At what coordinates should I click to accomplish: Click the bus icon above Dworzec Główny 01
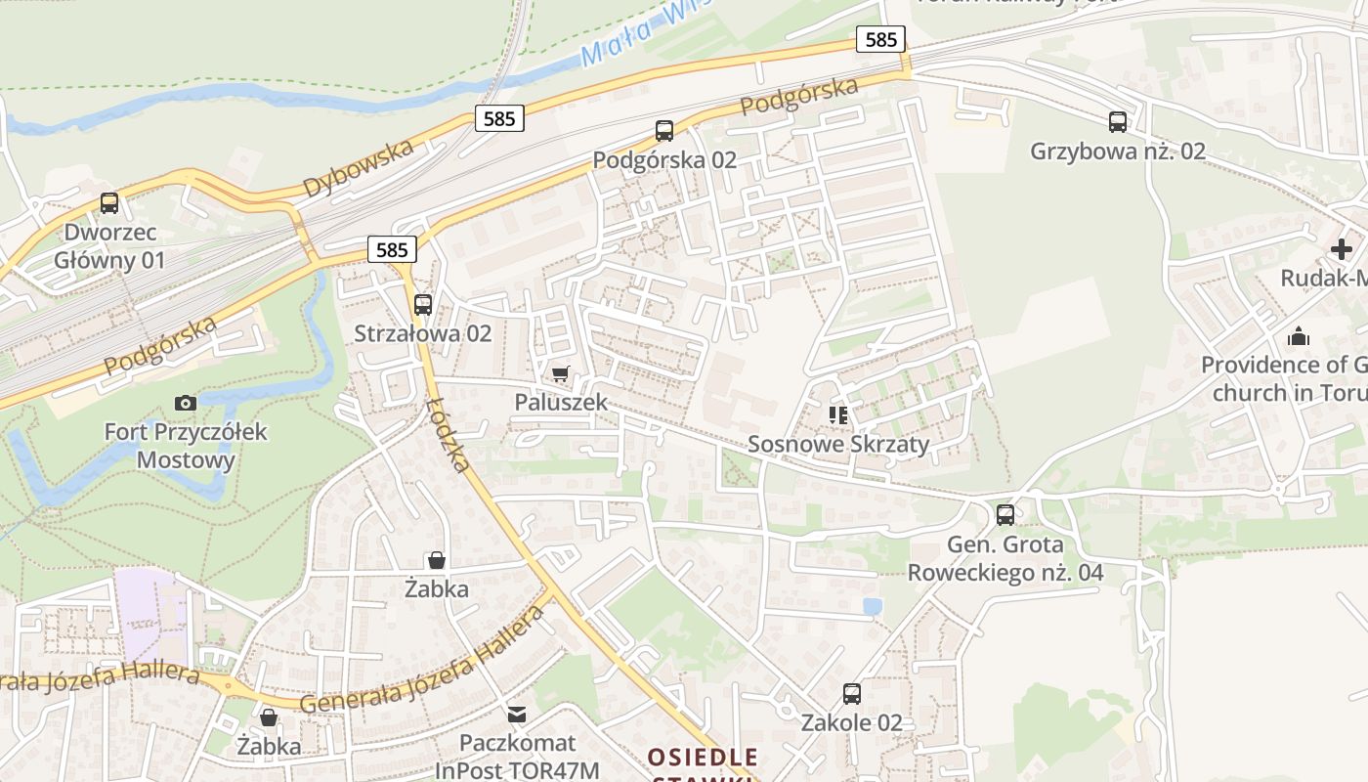(x=108, y=203)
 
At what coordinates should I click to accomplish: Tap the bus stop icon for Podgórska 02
(x=664, y=130)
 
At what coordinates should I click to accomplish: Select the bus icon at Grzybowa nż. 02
(x=1118, y=122)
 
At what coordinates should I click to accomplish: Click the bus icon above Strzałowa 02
(x=423, y=304)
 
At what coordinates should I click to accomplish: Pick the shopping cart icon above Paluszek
(x=560, y=373)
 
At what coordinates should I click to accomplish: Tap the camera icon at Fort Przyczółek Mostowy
(x=186, y=403)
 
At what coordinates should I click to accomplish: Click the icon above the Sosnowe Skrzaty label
(x=838, y=415)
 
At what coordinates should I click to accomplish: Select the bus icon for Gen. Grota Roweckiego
(x=1005, y=515)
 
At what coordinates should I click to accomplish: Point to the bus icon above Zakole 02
(x=852, y=694)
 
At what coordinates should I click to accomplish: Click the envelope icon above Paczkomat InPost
(x=516, y=715)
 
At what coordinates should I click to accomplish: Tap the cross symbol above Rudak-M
(x=1342, y=249)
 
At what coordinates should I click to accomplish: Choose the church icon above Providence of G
(x=1299, y=336)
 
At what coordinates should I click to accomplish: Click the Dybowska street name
(x=359, y=168)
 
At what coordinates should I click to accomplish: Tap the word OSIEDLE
(x=703, y=757)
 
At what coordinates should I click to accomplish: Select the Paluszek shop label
(x=561, y=402)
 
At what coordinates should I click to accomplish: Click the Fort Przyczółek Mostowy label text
(x=186, y=446)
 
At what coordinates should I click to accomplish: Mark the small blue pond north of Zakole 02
(x=873, y=606)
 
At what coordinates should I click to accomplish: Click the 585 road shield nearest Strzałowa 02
(x=392, y=249)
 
